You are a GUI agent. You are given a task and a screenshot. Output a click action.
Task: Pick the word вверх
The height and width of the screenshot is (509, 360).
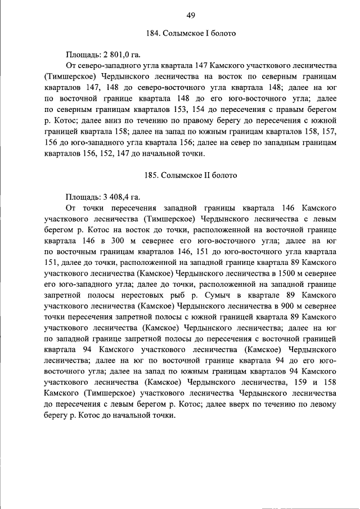(235, 404)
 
